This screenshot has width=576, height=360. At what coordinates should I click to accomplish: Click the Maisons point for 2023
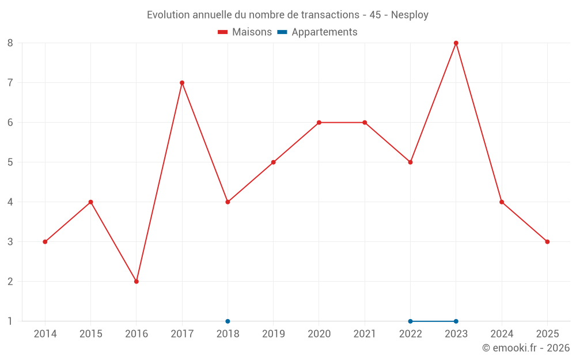[456, 43]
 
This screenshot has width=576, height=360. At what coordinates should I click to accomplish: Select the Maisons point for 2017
[182, 83]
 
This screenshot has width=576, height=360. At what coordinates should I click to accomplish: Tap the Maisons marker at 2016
[137, 282]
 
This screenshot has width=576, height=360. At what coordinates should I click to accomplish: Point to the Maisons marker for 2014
[45, 242]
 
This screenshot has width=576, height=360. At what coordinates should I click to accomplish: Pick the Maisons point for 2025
[547, 242]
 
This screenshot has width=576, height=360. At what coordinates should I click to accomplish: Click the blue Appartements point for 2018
[228, 321]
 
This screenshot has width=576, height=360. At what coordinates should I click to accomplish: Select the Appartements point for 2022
[410, 321]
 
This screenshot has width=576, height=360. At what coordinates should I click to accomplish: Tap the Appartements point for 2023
[456, 321]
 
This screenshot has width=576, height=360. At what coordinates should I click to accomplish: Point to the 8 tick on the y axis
[10, 43]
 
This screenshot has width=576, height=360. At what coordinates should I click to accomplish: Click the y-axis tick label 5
[10, 162]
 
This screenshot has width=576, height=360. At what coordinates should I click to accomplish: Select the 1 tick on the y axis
[10, 321]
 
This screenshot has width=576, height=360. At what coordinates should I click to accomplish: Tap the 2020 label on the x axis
[319, 334]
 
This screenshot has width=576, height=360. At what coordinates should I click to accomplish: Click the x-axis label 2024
[502, 334]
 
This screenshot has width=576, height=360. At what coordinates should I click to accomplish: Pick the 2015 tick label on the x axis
[90, 334]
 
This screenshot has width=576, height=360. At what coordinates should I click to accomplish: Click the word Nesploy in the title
[410, 15]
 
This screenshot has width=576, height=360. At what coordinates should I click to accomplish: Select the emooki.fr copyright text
[525, 348]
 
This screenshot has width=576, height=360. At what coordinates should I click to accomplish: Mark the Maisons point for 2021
[365, 123]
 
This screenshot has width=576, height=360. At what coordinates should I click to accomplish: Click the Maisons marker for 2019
[273, 162]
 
